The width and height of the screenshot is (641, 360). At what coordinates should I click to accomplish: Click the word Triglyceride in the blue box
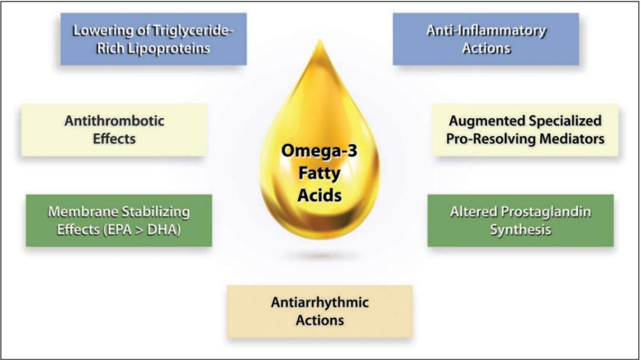pyautogui.click(x=192, y=31)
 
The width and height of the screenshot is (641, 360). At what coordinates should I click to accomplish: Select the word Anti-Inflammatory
pyautogui.click(x=486, y=31)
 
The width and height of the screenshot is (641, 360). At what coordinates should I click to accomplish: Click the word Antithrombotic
pyautogui.click(x=115, y=121)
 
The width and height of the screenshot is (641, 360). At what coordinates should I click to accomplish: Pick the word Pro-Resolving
pyautogui.click(x=491, y=139)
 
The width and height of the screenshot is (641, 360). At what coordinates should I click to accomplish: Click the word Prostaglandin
pyautogui.click(x=546, y=212)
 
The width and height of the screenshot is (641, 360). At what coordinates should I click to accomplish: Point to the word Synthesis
pyautogui.click(x=520, y=230)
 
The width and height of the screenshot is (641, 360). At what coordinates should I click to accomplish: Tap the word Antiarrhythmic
pyautogui.click(x=320, y=302)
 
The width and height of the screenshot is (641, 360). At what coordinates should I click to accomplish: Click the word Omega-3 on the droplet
pyautogui.click(x=319, y=151)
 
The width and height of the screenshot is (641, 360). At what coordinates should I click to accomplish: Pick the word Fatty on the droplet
pyautogui.click(x=319, y=173)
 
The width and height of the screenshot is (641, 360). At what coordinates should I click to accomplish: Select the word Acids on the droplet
pyautogui.click(x=319, y=195)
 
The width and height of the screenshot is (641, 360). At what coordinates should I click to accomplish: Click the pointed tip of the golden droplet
pyautogui.click(x=319, y=40)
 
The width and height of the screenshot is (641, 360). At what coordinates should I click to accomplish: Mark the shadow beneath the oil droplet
pyautogui.click(x=319, y=256)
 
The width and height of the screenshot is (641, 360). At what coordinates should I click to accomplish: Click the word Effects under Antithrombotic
pyautogui.click(x=114, y=139)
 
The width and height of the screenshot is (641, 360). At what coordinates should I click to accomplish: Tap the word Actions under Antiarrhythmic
pyautogui.click(x=320, y=320)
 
